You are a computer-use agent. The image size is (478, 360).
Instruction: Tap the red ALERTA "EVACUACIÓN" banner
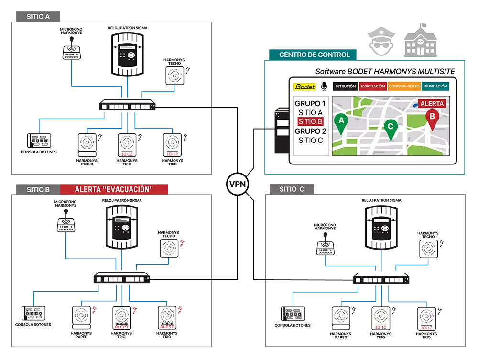click(114, 189)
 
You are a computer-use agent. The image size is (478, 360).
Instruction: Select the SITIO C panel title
click(292, 189)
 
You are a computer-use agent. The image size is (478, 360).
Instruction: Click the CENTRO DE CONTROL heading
click(315, 55)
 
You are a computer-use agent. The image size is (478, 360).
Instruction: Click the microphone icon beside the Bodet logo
click(324, 86)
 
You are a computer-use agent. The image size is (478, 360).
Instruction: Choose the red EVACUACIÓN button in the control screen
click(373, 87)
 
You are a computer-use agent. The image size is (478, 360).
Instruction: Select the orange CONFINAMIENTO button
click(404, 87)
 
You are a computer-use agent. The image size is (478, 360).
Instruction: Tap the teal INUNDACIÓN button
click(435, 87)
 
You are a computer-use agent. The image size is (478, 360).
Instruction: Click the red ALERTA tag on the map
click(432, 103)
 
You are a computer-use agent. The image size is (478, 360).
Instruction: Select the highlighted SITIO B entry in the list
click(311, 121)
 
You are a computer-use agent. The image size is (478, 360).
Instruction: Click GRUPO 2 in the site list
click(311, 131)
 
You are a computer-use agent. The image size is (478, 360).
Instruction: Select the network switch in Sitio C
click(381, 279)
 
